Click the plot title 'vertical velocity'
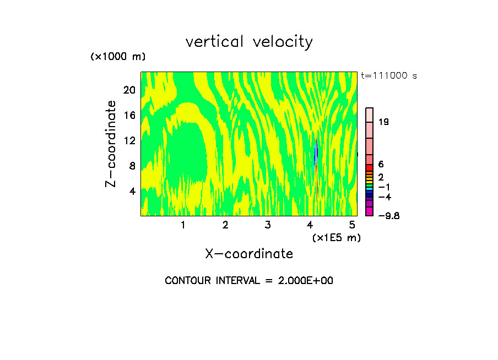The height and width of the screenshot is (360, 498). point(249,42)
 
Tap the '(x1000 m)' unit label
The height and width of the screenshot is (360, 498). point(118,57)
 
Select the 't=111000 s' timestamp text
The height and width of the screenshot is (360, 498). point(389,76)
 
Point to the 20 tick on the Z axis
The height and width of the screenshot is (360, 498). point(129,90)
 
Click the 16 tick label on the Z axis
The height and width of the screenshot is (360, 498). point(129,116)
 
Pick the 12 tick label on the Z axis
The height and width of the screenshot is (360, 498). point(129,141)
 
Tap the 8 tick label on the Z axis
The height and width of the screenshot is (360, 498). point(132,166)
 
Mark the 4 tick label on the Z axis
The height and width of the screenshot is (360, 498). point(132,192)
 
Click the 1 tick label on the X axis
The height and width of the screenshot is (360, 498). point(183,225)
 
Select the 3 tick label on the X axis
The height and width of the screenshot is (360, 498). point(268,225)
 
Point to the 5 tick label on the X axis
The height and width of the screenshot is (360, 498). point(352,225)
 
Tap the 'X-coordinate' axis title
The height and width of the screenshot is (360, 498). point(249,254)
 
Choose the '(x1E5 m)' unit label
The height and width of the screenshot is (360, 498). point(337,237)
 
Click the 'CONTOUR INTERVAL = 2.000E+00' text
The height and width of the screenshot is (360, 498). point(249,281)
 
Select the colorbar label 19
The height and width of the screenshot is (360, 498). point(384,122)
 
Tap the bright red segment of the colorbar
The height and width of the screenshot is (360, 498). point(370,167)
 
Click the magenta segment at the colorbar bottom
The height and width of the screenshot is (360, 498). point(370,211)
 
